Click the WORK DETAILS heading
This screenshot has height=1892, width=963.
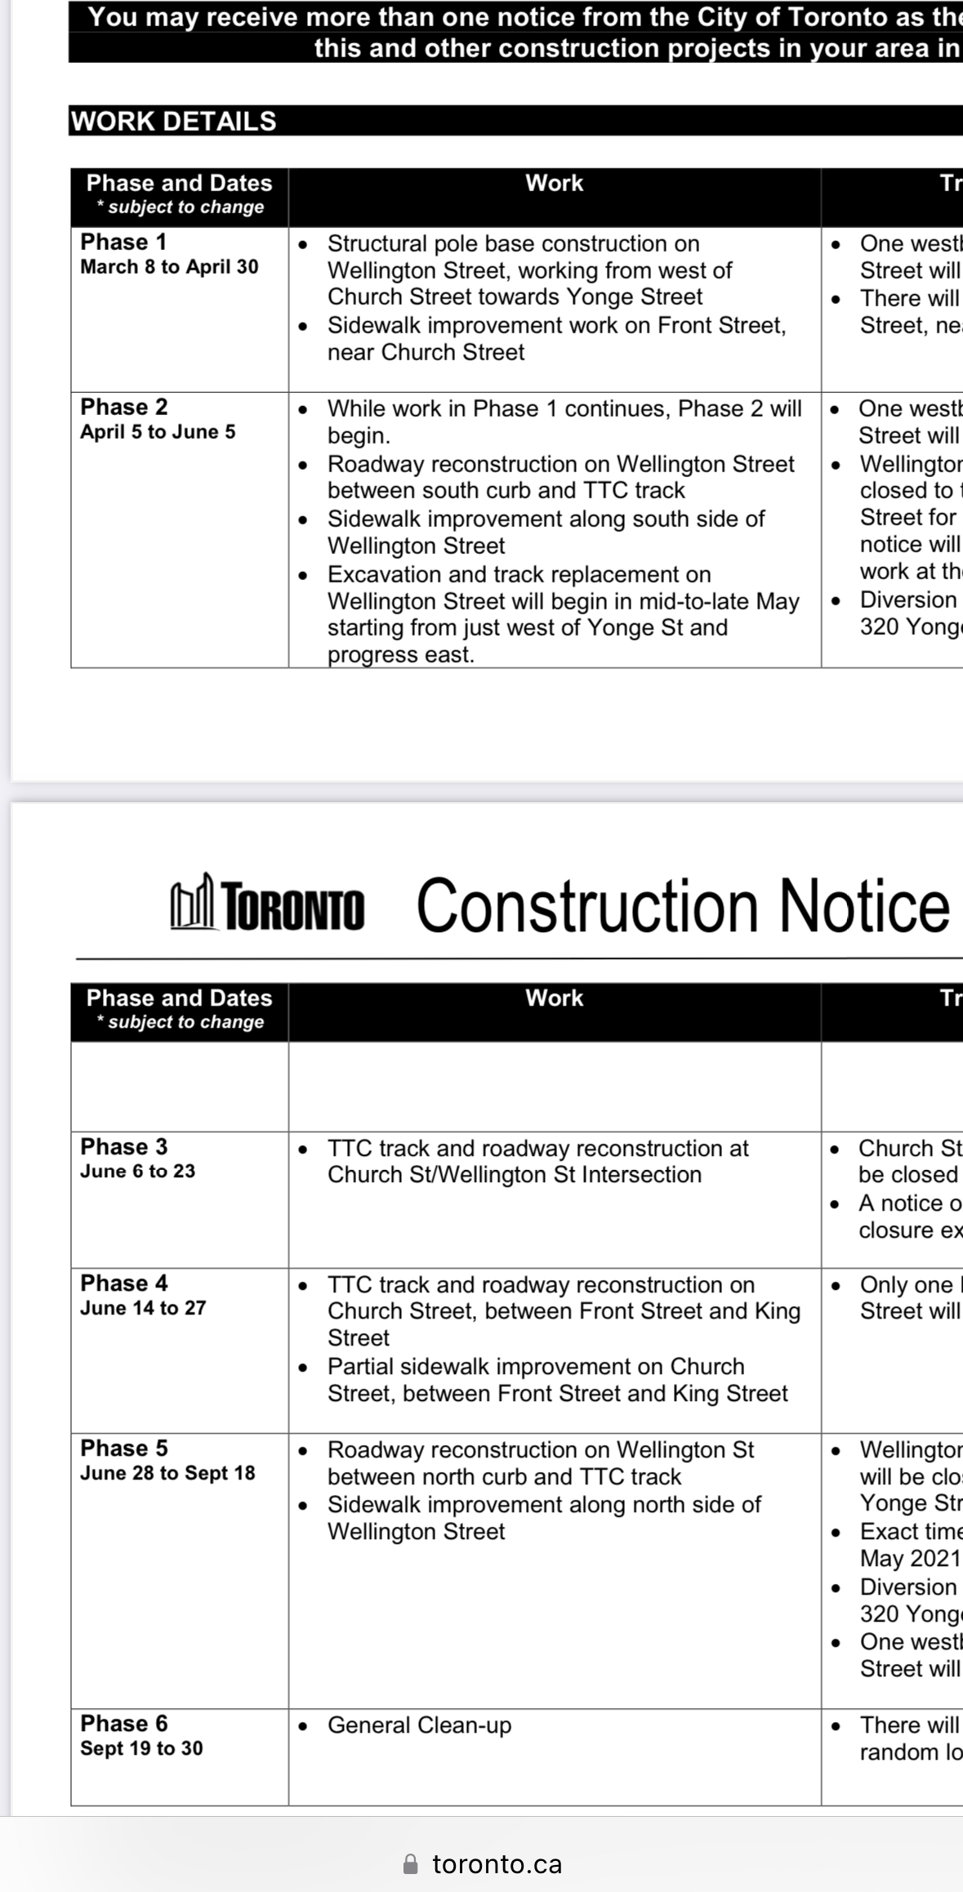coord(174,121)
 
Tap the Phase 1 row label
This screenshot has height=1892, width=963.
coord(123,242)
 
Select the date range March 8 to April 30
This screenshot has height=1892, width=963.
coord(169,267)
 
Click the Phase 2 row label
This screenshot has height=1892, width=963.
coord(124,407)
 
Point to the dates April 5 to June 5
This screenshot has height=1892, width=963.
coord(158,432)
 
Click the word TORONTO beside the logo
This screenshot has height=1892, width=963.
coord(293,908)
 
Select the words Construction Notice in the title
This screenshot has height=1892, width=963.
coord(683,906)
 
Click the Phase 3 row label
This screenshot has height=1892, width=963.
coord(124,1146)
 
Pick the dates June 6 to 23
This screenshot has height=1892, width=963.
coord(138,1171)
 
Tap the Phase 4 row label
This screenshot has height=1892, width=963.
coord(124,1283)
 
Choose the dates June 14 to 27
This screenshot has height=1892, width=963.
coord(143,1308)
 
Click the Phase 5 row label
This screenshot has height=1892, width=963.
coord(124,1448)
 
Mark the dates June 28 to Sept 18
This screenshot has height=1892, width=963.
coord(167,1473)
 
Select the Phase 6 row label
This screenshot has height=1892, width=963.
coord(124,1723)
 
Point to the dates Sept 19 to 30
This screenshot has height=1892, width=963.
coord(141,1748)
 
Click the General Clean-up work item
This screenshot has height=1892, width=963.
coord(419,1725)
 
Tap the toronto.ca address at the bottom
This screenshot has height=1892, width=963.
coord(497,1863)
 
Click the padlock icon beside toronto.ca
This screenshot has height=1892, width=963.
coord(411,1863)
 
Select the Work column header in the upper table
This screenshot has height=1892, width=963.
coord(554,183)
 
